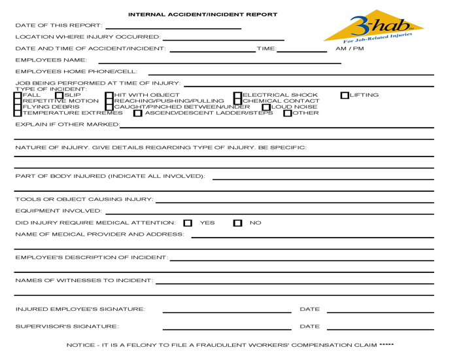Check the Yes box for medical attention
click(x=188, y=223)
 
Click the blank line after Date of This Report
click(x=173, y=27)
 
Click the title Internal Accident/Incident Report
click(x=202, y=14)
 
